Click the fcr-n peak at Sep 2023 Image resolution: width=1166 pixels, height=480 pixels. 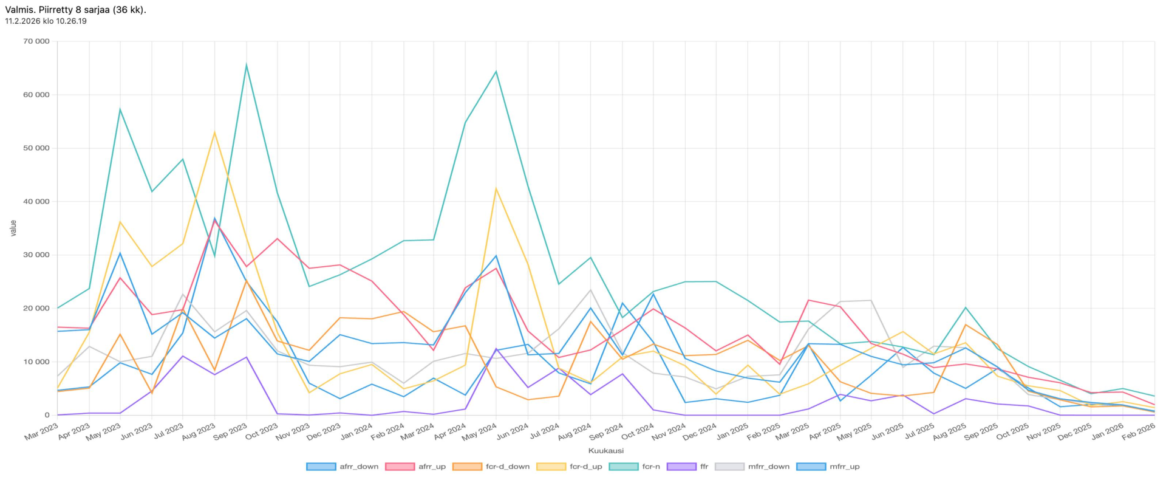click(246, 65)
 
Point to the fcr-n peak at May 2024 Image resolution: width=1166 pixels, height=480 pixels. click(496, 72)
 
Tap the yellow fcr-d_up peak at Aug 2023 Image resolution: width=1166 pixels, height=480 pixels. click(214, 132)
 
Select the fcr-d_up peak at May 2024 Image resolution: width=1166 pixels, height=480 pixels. click(496, 188)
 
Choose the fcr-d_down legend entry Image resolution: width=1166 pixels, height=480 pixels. click(491, 467)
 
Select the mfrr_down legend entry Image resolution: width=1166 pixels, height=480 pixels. click(753, 467)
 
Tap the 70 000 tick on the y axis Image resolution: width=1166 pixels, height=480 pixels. click(37, 41)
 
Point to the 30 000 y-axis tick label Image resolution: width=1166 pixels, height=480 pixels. click(37, 255)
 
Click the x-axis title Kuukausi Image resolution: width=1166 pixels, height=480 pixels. click(605, 451)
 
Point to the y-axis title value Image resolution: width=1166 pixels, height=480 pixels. click(13, 228)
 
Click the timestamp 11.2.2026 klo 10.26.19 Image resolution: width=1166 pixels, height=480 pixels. click(46, 21)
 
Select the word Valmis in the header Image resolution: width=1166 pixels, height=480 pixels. click(19, 10)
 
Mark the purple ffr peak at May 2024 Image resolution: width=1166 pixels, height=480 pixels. click(496, 349)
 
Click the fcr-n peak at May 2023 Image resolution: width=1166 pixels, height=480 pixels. click(120, 109)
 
